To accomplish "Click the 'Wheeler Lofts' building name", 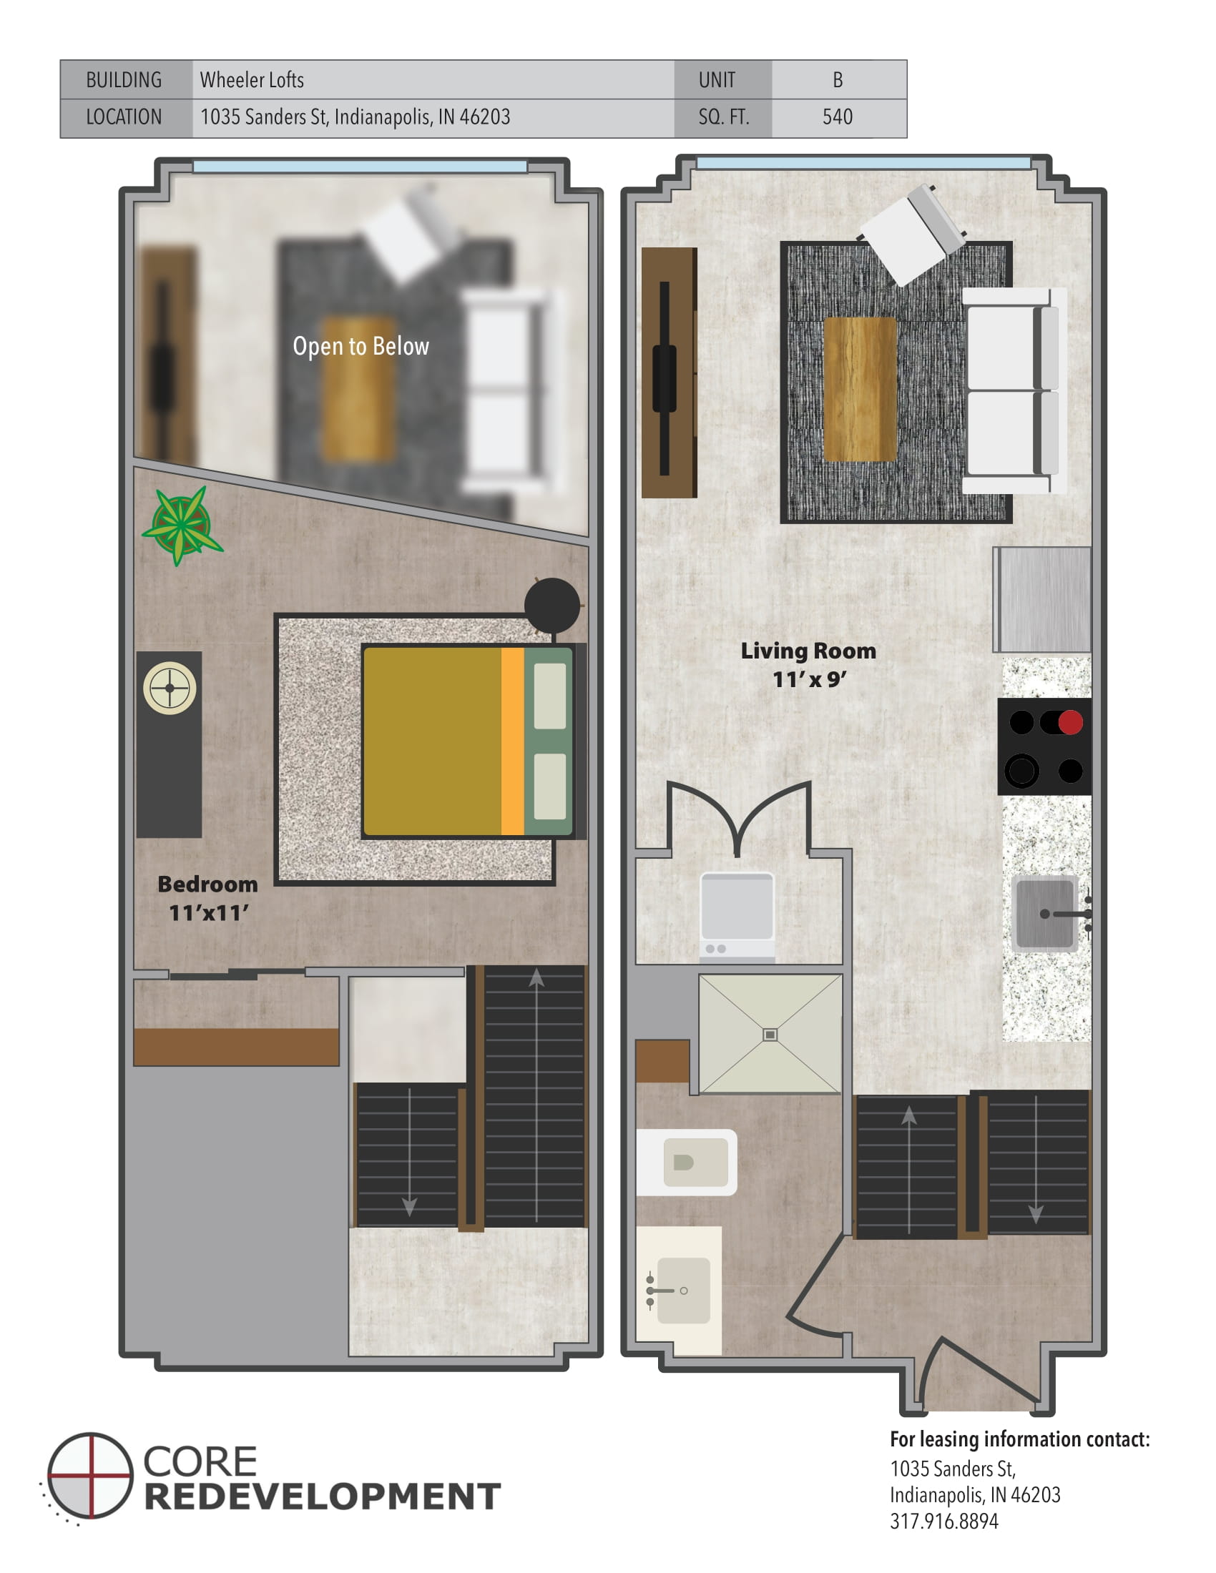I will (x=251, y=80).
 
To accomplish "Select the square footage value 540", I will (x=837, y=117).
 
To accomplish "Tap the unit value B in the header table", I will (x=837, y=80).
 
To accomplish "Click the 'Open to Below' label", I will (x=361, y=347).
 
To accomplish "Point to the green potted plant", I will (x=182, y=523).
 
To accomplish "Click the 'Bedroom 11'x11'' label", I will (x=207, y=898).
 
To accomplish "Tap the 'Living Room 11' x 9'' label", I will (x=808, y=665).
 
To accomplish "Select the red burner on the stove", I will (x=1071, y=721).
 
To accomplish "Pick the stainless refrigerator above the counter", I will (x=1042, y=599).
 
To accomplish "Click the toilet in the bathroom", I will (x=688, y=1162).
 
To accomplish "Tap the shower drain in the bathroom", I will (x=770, y=1035).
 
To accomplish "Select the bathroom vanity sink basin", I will (x=682, y=1290).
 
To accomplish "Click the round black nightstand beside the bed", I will (x=551, y=606).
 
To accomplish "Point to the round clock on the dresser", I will (x=170, y=688).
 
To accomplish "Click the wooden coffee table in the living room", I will (x=859, y=389).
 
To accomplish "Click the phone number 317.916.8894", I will (x=943, y=1521).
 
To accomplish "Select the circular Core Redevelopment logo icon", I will (x=91, y=1476).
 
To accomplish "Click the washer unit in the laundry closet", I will (x=737, y=915).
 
